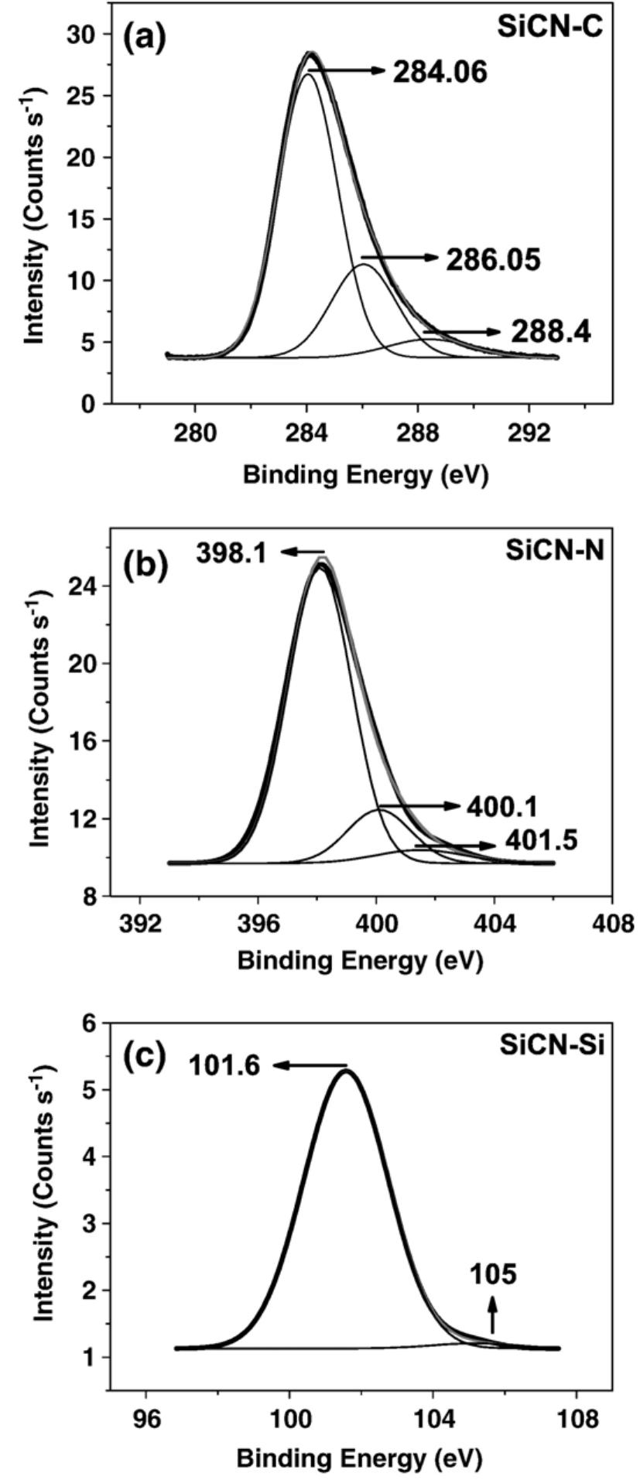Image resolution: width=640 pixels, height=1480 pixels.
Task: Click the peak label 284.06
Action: point(440,72)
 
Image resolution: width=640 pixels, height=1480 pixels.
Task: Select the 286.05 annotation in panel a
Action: point(492,259)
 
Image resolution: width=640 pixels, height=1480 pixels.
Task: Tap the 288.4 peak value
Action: point(550,332)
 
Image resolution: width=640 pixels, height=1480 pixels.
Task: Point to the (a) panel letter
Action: point(145,36)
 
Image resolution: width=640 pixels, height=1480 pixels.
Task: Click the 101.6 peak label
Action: point(226,1066)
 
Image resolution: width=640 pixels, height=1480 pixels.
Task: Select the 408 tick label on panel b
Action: point(611,925)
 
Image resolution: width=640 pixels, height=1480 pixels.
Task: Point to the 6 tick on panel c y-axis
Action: point(96,1023)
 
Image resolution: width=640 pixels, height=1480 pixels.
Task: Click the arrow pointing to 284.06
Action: point(346,71)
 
